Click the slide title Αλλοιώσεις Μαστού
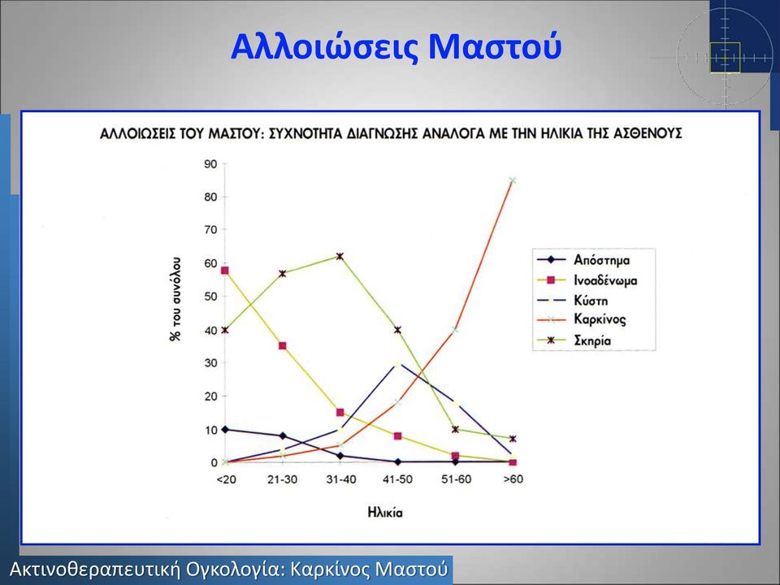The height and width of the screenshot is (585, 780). [x=396, y=48]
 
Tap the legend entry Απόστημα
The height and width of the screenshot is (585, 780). [x=601, y=260]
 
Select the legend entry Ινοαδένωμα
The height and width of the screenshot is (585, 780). [x=604, y=280]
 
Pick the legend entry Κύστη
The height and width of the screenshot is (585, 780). [x=591, y=301]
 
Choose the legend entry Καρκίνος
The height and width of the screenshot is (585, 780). [x=600, y=318]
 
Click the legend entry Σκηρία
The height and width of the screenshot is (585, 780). [x=592, y=340]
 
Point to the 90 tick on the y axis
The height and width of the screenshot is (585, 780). [x=210, y=164]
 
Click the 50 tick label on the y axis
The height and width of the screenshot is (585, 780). [x=210, y=297]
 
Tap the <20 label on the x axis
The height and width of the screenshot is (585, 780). [x=227, y=479]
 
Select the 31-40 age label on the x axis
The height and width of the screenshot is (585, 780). [x=340, y=479]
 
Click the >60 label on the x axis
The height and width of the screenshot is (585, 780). [x=513, y=479]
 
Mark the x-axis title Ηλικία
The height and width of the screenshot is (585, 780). [x=385, y=513]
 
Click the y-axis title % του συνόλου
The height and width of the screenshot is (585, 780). [x=175, y=299]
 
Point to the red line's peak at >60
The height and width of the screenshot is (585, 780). [x=513, y=180]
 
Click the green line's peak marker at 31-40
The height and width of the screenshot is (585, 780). [x=340, y=257]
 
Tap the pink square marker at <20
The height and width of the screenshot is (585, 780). [x=225, y=271]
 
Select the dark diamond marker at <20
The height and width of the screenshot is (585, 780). [x=225, y=429]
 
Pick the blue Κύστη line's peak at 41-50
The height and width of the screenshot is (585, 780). [x=397, y=364]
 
